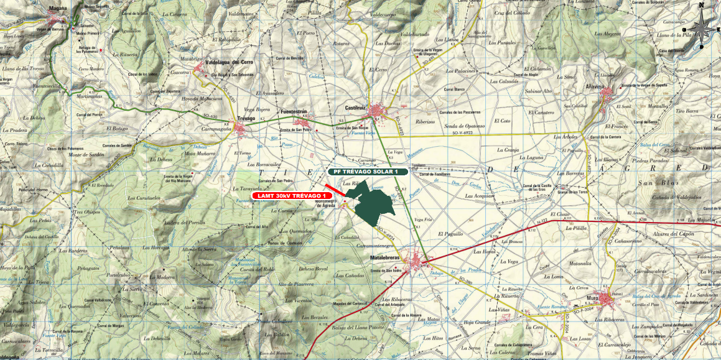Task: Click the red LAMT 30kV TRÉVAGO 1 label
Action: click(x=292, y=195)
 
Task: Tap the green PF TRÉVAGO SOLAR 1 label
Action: click(x=368, y=172)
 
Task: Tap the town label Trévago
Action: click(x=247, y=118)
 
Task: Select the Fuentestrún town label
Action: click(x=295, y=111)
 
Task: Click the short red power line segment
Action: click(x=335, y=189)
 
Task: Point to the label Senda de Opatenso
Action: click(x=463, y=126)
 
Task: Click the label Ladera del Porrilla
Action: click(x=184, y=222)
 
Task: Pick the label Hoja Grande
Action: click(x=477, y=321)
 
